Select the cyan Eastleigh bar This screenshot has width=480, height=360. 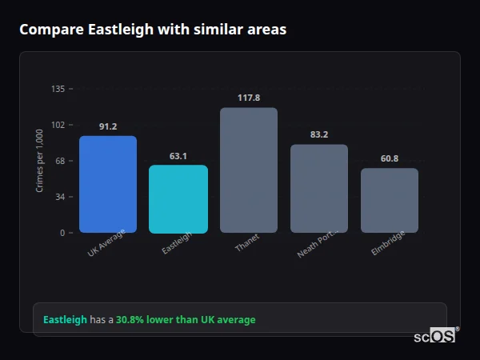pos(178,199)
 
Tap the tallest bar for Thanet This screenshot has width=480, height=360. pos(249,170)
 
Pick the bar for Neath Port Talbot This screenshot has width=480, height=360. pos(319,189)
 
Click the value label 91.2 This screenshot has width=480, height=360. pos(108,126)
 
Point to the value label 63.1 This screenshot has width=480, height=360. pos(178,156)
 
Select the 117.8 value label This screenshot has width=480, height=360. pos(249,98)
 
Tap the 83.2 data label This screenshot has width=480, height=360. pos(319,134)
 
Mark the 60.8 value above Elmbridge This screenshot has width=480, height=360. pos(390,158)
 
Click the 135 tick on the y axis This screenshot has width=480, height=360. pos(58,89)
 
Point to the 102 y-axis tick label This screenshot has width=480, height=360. pos(58,125)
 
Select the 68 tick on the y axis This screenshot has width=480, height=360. pos(60,161)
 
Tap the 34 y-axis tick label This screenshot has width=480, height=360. pos(60,197)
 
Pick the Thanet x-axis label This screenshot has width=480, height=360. pos(247,243)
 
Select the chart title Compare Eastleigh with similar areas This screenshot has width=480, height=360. pos(153,30)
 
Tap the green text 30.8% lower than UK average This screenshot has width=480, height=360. pos(186,320)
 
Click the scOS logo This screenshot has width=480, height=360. pos(435,336)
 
